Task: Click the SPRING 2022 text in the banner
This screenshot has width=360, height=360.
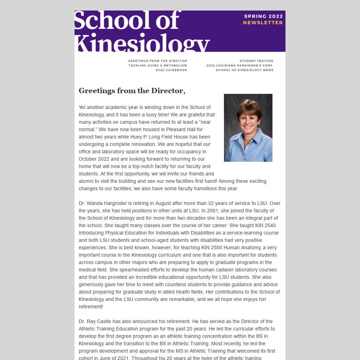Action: [263, 16]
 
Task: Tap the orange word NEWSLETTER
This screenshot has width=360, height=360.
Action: [263, 22]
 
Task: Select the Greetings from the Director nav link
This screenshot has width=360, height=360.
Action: [157, 61]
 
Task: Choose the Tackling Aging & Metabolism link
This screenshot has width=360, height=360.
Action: [157, 65]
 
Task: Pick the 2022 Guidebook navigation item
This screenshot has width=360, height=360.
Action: [171, 70]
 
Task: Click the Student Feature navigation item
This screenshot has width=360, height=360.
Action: [256, 61]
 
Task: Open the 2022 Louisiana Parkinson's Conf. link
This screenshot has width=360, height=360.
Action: [239, 65]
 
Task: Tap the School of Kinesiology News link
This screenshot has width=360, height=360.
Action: [244, 70]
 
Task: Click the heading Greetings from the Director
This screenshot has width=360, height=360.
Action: [132, 91]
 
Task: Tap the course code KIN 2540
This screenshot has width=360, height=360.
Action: [265, 225]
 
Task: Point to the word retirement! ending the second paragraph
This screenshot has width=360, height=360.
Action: [91, 307]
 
